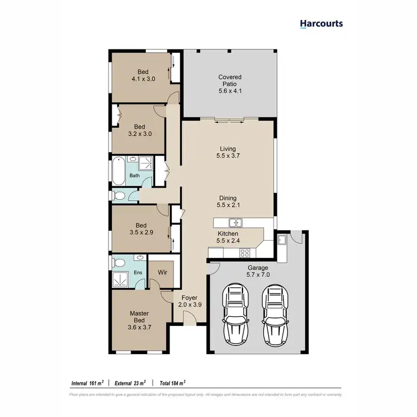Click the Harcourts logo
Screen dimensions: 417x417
[321, 23]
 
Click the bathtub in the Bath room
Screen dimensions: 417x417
[119, 172]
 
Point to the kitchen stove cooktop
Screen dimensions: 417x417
[244, 254]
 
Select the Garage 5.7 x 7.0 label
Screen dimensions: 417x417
[257, 271]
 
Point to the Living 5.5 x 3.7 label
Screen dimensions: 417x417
[227, 153]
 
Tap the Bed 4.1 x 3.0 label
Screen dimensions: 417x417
[143, 75]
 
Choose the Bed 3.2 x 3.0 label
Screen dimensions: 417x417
[140, 130]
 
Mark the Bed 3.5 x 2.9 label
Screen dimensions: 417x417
[140, 229]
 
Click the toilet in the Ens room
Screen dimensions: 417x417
[118, 262]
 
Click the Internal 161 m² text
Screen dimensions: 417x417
[88, 383]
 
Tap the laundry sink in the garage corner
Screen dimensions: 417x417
[282, 240]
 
